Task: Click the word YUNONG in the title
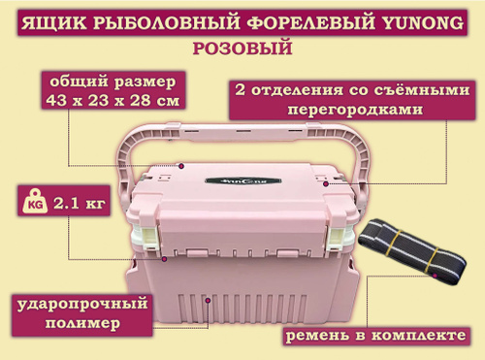click(x=423, y=23)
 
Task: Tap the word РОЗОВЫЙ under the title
click(x=242, y=49)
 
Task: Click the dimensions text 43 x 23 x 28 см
click(x=113, y=100)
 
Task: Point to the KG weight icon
click(x=35, y=203)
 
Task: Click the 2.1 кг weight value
click(x=80, y=204)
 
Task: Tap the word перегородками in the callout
click(x=355, y=110)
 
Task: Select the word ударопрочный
click(x=82, y=305)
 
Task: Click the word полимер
click(x=82, y=323)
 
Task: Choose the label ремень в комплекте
click(x=376, y=336)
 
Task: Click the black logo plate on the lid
click(x=242, y=181)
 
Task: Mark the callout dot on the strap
click(x=435, y=276)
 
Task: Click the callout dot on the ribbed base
click(x=209, y=301)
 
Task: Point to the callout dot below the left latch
click(x=164, y=259)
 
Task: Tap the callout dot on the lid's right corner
click(x=326, y=183)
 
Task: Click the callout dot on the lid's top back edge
click(x=181, y=166)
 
